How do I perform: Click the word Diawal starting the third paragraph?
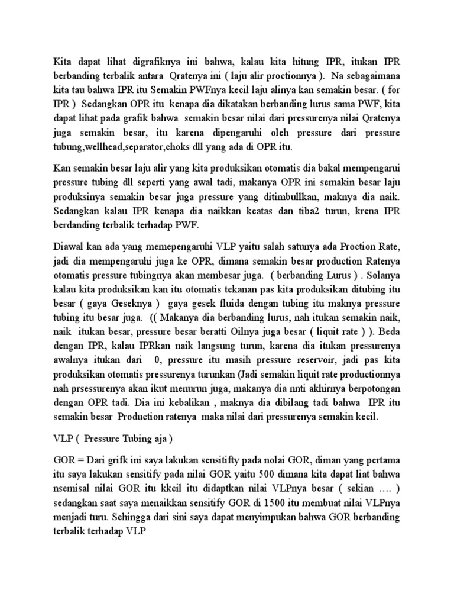coord(70,247)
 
